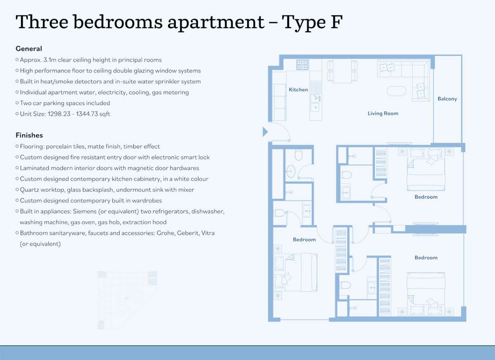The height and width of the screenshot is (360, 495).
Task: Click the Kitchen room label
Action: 298,89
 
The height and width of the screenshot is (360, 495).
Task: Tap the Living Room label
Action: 383,113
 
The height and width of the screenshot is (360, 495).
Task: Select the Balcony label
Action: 447,99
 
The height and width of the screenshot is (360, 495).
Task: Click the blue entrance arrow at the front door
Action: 265,132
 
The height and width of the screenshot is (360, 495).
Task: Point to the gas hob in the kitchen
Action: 302,65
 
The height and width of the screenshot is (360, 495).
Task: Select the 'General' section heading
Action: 29,49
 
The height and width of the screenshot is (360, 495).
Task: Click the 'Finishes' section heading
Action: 29,135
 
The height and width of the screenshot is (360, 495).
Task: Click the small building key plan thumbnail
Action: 127,300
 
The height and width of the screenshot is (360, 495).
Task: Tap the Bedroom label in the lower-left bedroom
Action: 304,240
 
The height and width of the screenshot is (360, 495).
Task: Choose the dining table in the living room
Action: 342,71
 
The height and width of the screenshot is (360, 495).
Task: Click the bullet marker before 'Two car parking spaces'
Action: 17,103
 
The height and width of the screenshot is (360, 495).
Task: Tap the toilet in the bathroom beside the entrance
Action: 299,155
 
